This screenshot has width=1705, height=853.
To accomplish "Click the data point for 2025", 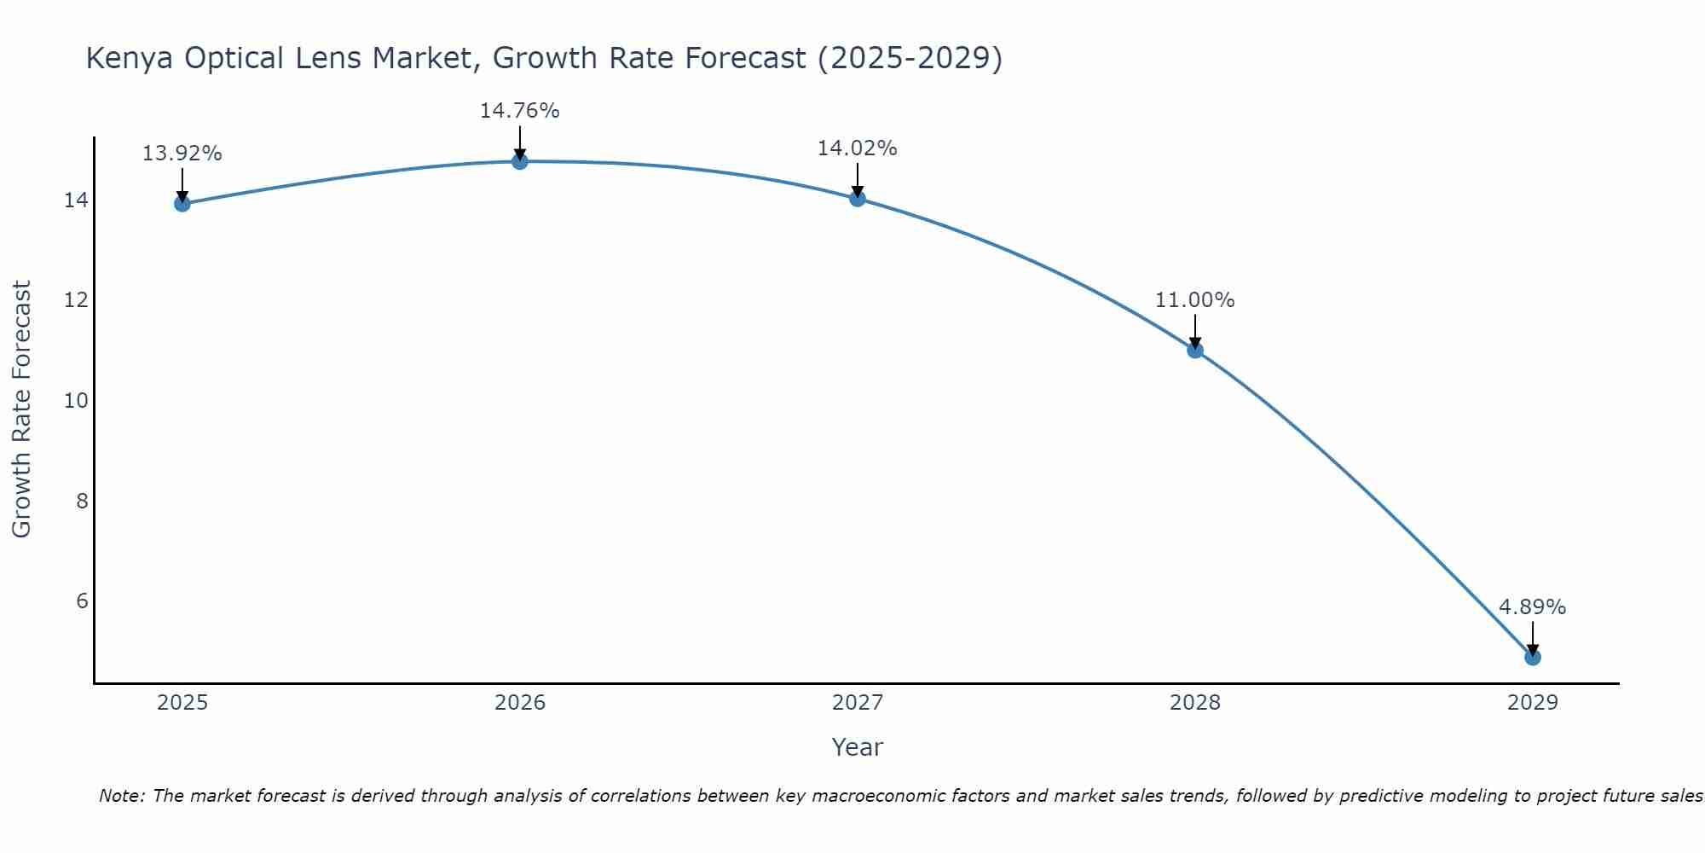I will click(182, 203).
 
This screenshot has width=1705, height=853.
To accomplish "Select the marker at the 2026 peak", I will click(519, 161).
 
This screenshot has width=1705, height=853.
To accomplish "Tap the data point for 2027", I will click(857, 199).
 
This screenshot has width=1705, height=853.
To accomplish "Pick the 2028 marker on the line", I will click(1194, 350).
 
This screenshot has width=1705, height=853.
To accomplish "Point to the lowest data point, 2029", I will click(1532, 657).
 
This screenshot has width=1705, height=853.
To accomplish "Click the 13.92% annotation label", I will click(182, 154).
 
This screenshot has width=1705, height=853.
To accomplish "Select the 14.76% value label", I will click(519, 111).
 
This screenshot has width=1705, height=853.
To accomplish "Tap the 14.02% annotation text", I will click(857, 148).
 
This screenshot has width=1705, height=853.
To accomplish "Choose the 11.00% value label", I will click(1194, 300).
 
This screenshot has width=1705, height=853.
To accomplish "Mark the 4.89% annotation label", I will click(1532, 607).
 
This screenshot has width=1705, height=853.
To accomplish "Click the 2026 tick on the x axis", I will click(520, 703).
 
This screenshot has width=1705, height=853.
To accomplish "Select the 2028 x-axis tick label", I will click(1194, 703).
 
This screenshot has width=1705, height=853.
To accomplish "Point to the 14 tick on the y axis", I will click(76, 200).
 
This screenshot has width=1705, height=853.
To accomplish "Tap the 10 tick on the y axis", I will click(76, 401).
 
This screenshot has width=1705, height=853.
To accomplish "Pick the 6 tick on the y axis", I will click(82, 601).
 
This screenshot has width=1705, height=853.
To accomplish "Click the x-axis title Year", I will click(857, 747).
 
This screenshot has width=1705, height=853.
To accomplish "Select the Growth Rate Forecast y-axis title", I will click(22, 409).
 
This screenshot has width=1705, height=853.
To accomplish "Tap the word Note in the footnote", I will click(122, 796).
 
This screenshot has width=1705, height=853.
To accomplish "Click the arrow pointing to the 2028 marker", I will click(1194, 331).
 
